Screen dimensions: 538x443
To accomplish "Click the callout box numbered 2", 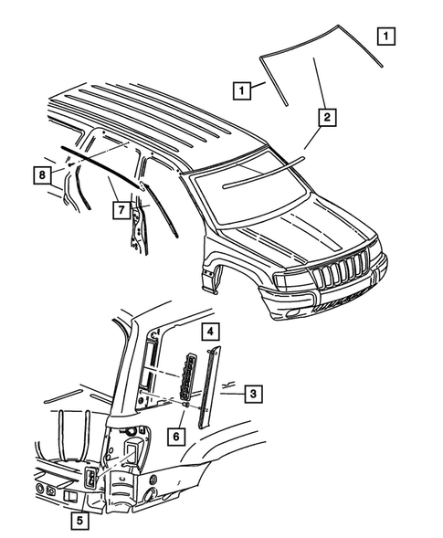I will pyautogui.click(x=324, y=116).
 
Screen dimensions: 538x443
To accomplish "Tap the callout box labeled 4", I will pyautogui.click(x=209, y=331).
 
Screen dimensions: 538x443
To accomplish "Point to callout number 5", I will pyautogui.click(x=79, y=522).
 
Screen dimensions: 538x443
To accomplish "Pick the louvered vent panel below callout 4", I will pyautogui.click(x=190, y=375).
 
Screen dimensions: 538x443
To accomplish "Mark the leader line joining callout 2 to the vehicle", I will pyautogui.click(x=312, y=137).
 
